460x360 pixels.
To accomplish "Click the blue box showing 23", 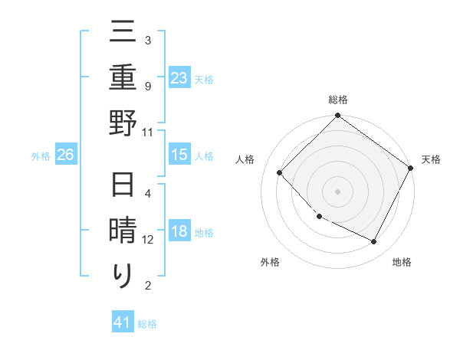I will pyautogui.click(x=179, y=77).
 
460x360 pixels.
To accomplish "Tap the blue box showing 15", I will pyautogui.click(x=179, y=155).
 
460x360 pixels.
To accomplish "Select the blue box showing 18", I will pyautogui.click(x=179, y=232).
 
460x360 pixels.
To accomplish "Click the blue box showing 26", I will pyautogui.click(x=65, y=155).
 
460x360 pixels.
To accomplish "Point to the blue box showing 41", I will pyautogui.click(x=123, y=322).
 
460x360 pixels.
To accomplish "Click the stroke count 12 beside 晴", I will pyautogui.click(x=148, y=240).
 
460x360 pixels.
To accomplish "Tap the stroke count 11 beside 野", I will pyautogui.click(x=148, y=132).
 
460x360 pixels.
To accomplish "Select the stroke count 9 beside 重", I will pyautogui.click(x=148, y=86).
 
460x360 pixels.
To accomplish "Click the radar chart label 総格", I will pyautogui.click(x=338, y=100).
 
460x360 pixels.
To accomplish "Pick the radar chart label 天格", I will pyautogui.click(x=431, y=159).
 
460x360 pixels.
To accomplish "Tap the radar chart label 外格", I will pyautogui.click(x=270, y=262).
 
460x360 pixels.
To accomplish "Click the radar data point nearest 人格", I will pyautogui.click(x=280, y=172).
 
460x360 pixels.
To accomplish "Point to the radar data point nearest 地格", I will pyautogui.click(x=374, y=241).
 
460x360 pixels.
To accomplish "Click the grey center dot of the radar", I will pyautogui.click(x=337, y=191).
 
